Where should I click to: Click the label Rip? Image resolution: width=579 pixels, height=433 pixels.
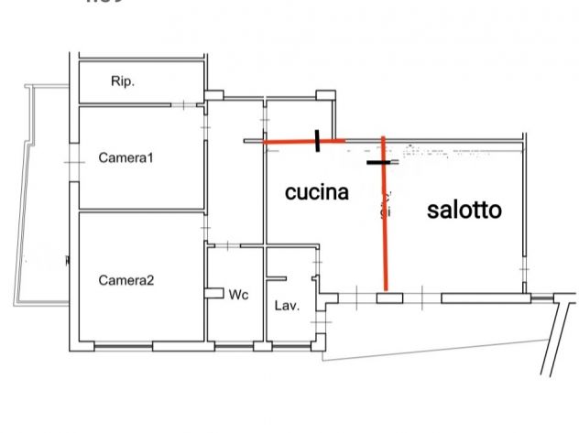click(x=123, y=81)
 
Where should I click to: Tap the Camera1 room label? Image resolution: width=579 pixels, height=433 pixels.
click(x=126, y=158)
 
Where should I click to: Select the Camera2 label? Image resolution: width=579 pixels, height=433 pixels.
click(x=126, y=280)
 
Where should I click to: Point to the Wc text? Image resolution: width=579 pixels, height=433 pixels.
click(x=239, y=295)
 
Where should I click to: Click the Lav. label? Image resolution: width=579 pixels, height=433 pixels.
click(x=288, y=306)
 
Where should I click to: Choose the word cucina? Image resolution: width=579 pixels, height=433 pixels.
click(x=317, y=192)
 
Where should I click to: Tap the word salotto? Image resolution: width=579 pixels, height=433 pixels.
click(x=464, y=210)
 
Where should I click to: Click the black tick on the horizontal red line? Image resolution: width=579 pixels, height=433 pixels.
click(x=317, y=141)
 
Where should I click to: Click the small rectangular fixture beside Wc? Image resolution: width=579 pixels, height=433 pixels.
click(x=215, y=293)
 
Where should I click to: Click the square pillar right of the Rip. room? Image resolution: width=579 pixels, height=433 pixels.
click(x=213, y=94)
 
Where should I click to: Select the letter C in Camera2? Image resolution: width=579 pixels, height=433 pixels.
click(x=103, y=280)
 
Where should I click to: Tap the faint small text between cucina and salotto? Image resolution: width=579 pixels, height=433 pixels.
click(x=386, y=203)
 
